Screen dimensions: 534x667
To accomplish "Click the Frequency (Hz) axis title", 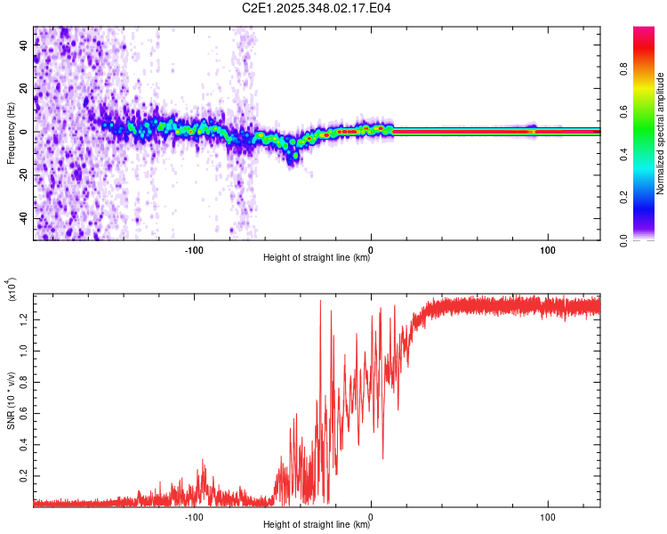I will pyautogui.click(x=12, y=133).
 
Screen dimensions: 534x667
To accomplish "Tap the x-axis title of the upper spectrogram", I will pyautogui.click(x=317, y=258).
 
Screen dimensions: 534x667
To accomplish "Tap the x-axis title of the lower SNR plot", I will pyautogui.click(x=317, y=525).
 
